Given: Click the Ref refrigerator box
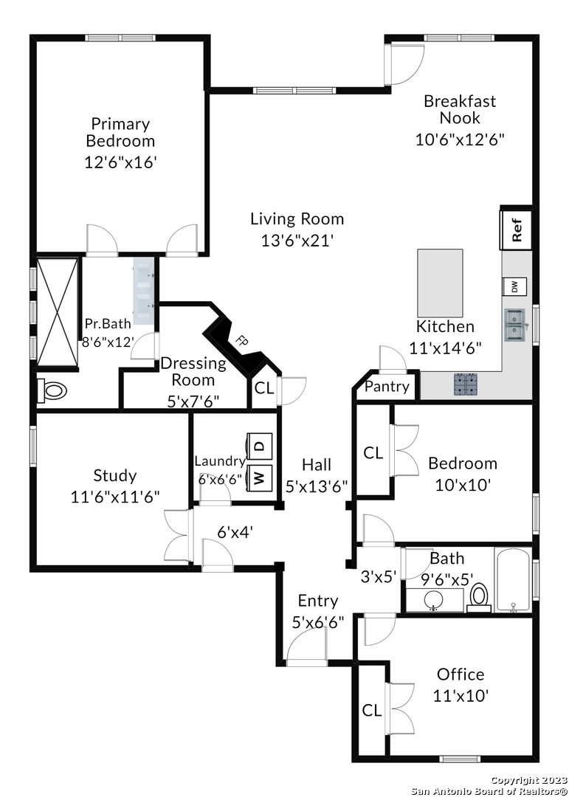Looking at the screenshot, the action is coord(517,230).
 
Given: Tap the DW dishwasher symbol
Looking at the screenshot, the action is coord(514,286).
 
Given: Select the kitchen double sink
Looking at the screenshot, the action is coord(515,325).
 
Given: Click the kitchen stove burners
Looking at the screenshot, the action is coord(466,384).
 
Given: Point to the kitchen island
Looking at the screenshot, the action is coord(440,283).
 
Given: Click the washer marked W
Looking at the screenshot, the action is coord(259,478).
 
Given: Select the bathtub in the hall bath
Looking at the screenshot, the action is coord(513,579).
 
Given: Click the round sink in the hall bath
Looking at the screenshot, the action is coord(433,600).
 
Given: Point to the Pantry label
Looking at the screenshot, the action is coord(387,387).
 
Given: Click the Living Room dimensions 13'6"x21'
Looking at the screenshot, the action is coord(297,240).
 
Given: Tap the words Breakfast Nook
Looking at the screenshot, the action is coord(460,109).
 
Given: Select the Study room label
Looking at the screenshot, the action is coord(115,476).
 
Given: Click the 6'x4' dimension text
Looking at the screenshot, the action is coord(235,532).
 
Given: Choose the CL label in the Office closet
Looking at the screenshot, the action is coord(372,710).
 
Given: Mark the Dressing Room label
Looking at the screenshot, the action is coord(193,371).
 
